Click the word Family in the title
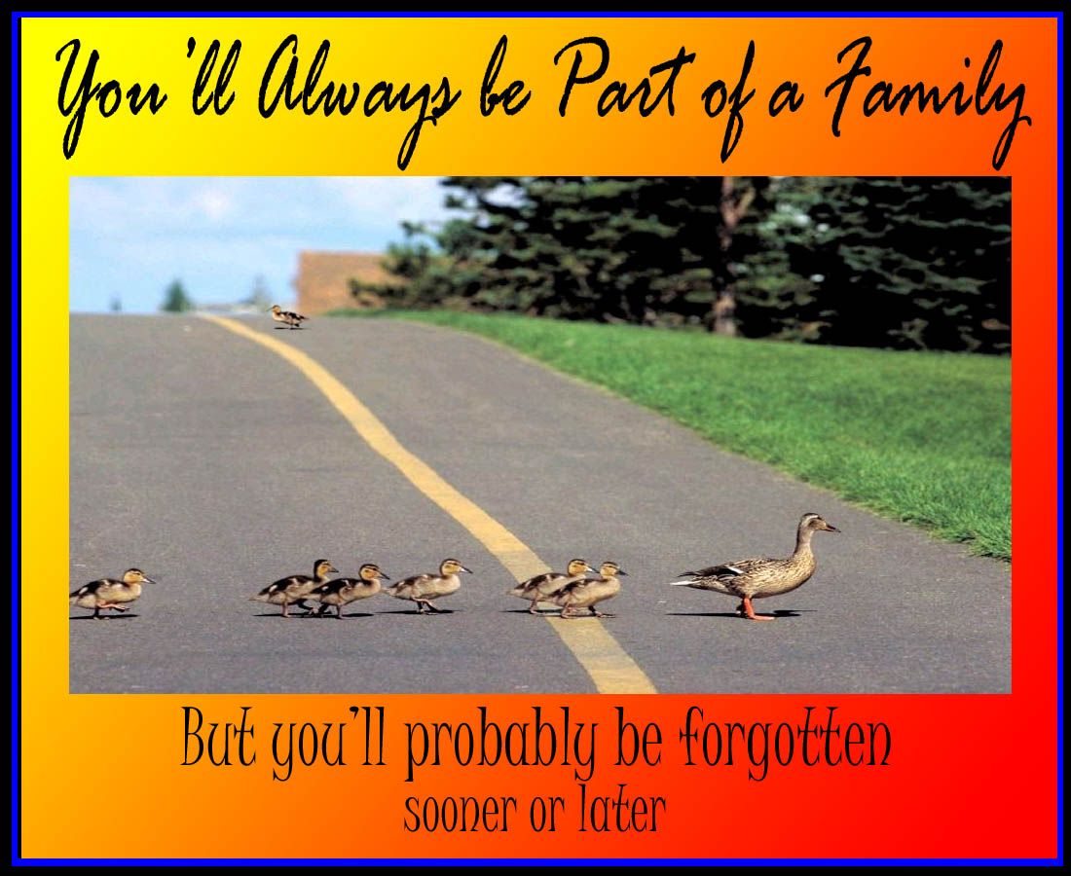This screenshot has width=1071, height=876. pyautogui.click(x=927, y=102)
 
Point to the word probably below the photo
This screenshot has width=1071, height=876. pyautogui.click(x=500, y=745)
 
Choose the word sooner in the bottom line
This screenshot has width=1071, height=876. pyautogui.click(x=460, y=813)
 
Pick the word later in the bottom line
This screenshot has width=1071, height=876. pyautogui.click(x=621, y=809)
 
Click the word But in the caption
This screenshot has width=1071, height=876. pyautogui.click(x=218, y=737)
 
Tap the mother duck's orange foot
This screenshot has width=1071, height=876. pyautogui.click(x=754, y=610)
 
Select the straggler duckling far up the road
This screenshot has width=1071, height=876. pyautogui.click(x=287, y=316)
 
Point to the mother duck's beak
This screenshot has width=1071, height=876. pyautogui.click(x=831, y=527)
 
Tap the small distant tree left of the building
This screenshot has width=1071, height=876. pyautogui.click(x=176, y=296)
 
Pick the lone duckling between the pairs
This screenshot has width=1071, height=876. pyautogui.click(x=428, y=585)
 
